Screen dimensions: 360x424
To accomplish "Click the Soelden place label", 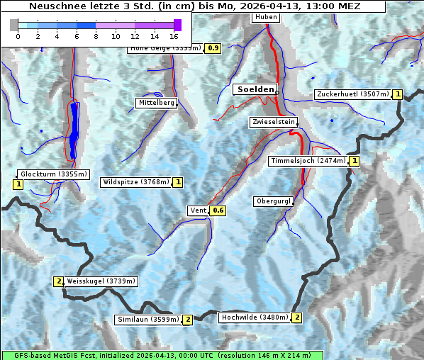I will pyautogui.click(x=255, y=89).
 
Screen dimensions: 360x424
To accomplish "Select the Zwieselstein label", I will pyautogui.click(x=272, y=122).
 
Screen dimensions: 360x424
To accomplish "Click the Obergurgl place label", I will pyautogui.click(x=272, y=201).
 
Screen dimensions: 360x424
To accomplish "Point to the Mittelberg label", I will pyautogui.click(x=156, y=103).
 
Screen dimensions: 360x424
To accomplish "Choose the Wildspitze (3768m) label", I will pyautogui.click(x=136, y=182).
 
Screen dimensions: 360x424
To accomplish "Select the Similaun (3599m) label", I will pyautogui.click(x=148, y=320).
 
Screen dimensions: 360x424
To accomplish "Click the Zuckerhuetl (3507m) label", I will pyautogui.click(x=354, y=94).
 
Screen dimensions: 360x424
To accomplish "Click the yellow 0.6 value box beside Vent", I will pyautogui.click(x=218, y=210).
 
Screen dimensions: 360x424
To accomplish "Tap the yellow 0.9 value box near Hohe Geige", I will pyautogui.click(x=213, y=48).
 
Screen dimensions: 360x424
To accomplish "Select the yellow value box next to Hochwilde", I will pyautogui.click(x=296, y=317).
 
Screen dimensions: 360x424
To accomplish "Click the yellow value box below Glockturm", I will pyautogui.click(x=18, y=184).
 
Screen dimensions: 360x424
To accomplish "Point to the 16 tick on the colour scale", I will pyautogui.click(x=174, y=35).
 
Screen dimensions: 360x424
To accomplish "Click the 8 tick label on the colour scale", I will pyautogui.click(x=96, y=35).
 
